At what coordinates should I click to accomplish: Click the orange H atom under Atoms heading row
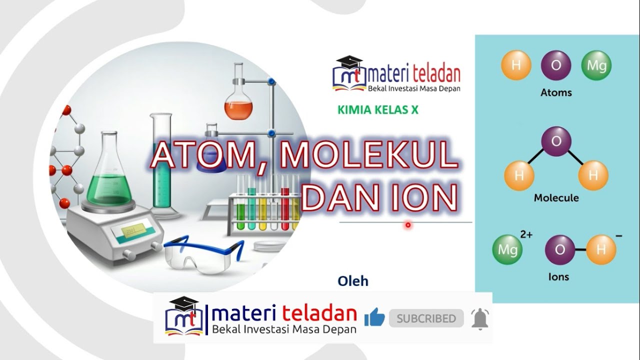click(x=516, y=65)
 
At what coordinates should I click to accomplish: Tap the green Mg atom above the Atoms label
click(x=596, y=65)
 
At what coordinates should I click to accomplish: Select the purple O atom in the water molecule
click(x=556, y=141)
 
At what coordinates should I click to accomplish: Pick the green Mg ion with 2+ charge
click(x=507, y=249)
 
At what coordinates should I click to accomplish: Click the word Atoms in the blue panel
click(x=556, y=92)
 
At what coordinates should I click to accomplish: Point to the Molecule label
click(x=556, y=197)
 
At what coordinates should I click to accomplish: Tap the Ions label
click(x=558, y=276)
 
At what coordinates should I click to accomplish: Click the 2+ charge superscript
click(x=526, y=234)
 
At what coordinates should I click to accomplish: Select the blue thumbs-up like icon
click(x=374, y=318)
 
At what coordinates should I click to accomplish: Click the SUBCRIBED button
click(x=426, y=318)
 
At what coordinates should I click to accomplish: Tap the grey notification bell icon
click(x=480, y=318)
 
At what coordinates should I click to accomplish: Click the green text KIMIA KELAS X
click(x=378, y=110)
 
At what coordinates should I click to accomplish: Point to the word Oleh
click(x=353, y=281)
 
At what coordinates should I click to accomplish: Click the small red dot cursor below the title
click(x=408, y=225)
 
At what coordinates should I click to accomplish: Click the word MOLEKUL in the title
click(x=369, y=155)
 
